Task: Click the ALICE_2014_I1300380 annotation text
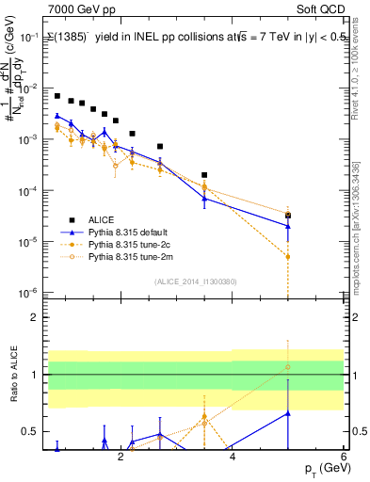coord(195,281)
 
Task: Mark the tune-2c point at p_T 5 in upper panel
coord(288,256)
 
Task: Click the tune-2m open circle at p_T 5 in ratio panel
coord(288,367)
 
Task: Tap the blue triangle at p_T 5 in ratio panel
coord(288,412)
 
